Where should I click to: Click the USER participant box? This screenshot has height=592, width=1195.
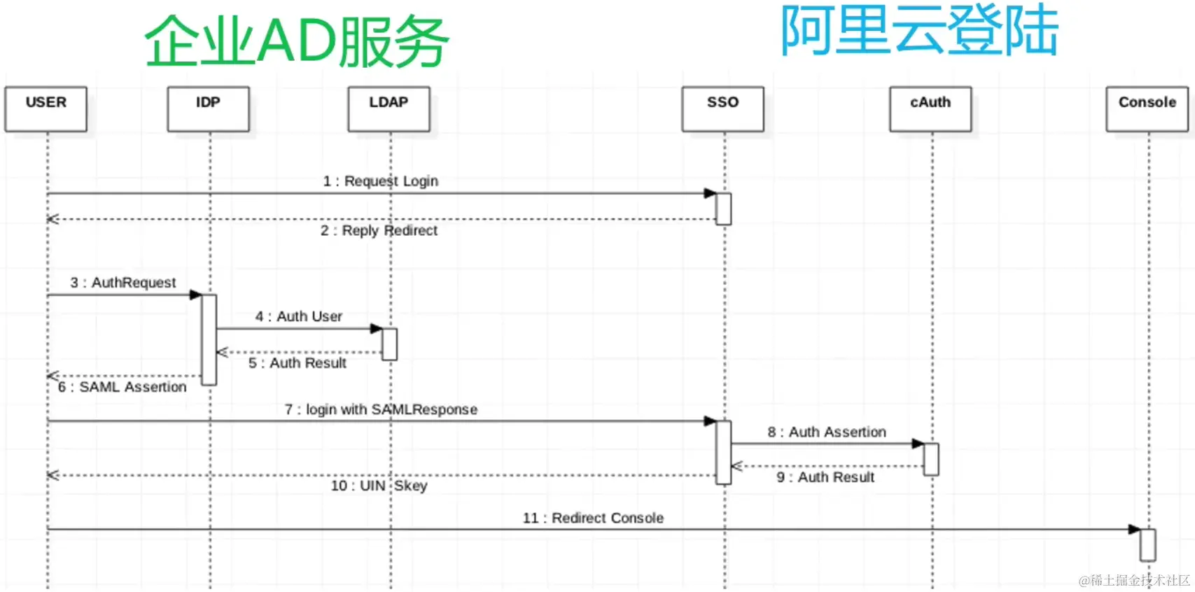pos(46,108)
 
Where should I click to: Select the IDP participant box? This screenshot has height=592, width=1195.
pos(209,108)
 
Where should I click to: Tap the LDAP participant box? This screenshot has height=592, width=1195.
pos(389,108)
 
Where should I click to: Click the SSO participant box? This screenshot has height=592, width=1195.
pos(722,108)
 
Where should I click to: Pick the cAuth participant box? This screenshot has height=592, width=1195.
pos(930,108)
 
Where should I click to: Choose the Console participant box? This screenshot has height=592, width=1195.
pos(1147,108)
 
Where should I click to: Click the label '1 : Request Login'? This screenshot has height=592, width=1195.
pos(381,181)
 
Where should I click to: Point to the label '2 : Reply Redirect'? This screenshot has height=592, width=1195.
pos(379,231)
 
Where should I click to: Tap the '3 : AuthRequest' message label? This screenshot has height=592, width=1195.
pos(123,283)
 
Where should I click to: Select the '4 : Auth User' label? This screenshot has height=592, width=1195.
pos(299,317)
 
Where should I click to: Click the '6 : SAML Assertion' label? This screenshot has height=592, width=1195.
pos(123,387)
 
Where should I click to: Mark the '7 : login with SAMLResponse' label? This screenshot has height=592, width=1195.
pos(381,409)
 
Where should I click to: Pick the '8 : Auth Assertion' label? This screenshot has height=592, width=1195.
pos(827,432)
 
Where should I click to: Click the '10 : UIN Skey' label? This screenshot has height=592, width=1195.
pos(379,486)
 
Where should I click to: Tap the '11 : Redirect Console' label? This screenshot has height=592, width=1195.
pos(593,519)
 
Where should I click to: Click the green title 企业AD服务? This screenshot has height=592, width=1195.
pos(297,41)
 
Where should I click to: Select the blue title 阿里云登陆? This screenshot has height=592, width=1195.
pos(919,31)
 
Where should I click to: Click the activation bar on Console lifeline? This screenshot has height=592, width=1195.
pos(1147,545)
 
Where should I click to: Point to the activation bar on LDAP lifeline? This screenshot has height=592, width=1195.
pos(389,344)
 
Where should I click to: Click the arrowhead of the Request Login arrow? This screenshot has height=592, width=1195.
pos(710,193)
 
